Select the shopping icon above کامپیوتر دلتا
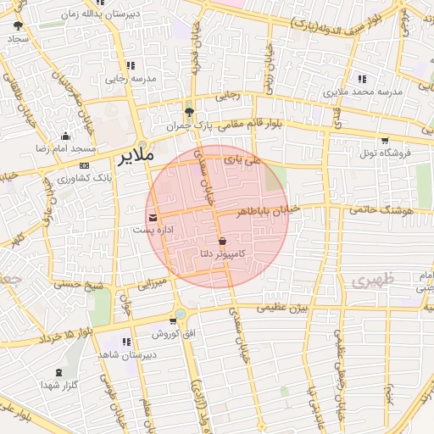pos(222,242)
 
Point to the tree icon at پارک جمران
pos(188,112)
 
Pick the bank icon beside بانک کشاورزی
pos(84,165)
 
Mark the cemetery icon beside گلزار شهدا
pos(58,373)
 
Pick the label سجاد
pos(18,39)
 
